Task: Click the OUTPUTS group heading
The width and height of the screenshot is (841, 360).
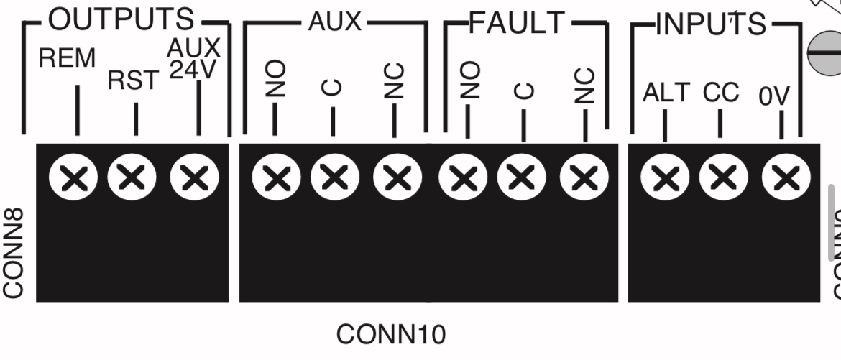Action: (121, 21)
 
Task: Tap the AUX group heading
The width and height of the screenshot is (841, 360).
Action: (334, 22)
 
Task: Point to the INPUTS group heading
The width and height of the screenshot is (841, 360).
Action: (711, 24)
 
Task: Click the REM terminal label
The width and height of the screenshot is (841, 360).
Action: (67, 59)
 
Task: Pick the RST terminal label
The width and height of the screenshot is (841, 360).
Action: (133, 80)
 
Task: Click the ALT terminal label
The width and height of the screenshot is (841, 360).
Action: (666, 93)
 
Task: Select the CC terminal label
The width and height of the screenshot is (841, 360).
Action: (721, 93)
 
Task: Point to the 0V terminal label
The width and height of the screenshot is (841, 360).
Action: (774, 96)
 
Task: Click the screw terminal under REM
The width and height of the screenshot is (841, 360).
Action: (73, 177)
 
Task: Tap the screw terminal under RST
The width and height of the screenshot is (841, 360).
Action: (132, 176)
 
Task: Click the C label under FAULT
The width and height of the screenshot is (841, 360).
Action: (525, 90)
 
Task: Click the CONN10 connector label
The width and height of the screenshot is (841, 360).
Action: (391, 334)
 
